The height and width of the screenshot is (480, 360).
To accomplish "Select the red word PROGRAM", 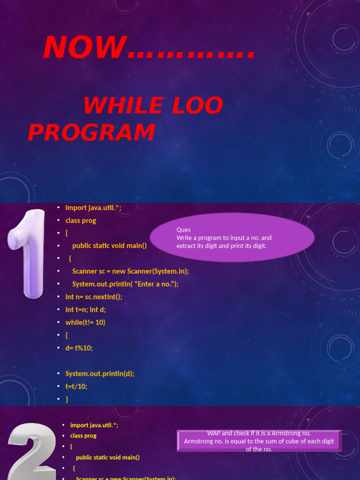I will click(x=91, y=132).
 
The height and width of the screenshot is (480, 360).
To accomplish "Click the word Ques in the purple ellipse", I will click(x=183, y=230).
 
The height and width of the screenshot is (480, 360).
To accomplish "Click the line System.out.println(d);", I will click(x=99, y=374).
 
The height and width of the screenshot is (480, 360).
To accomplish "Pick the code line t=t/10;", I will click(x=76, y=386).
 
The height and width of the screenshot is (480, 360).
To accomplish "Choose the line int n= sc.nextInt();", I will click(x=94, y=296).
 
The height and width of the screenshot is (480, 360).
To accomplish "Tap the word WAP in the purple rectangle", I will click(x=214, y=434).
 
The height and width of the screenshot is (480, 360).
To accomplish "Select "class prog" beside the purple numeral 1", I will click(x=81, y=220).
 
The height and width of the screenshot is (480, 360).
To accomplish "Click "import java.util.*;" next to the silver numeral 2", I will click(x=94, y=425).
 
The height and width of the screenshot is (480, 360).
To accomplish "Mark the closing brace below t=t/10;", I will click(x=67, y=399).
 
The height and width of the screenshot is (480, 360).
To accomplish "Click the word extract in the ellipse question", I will click(x=186, y=246).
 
